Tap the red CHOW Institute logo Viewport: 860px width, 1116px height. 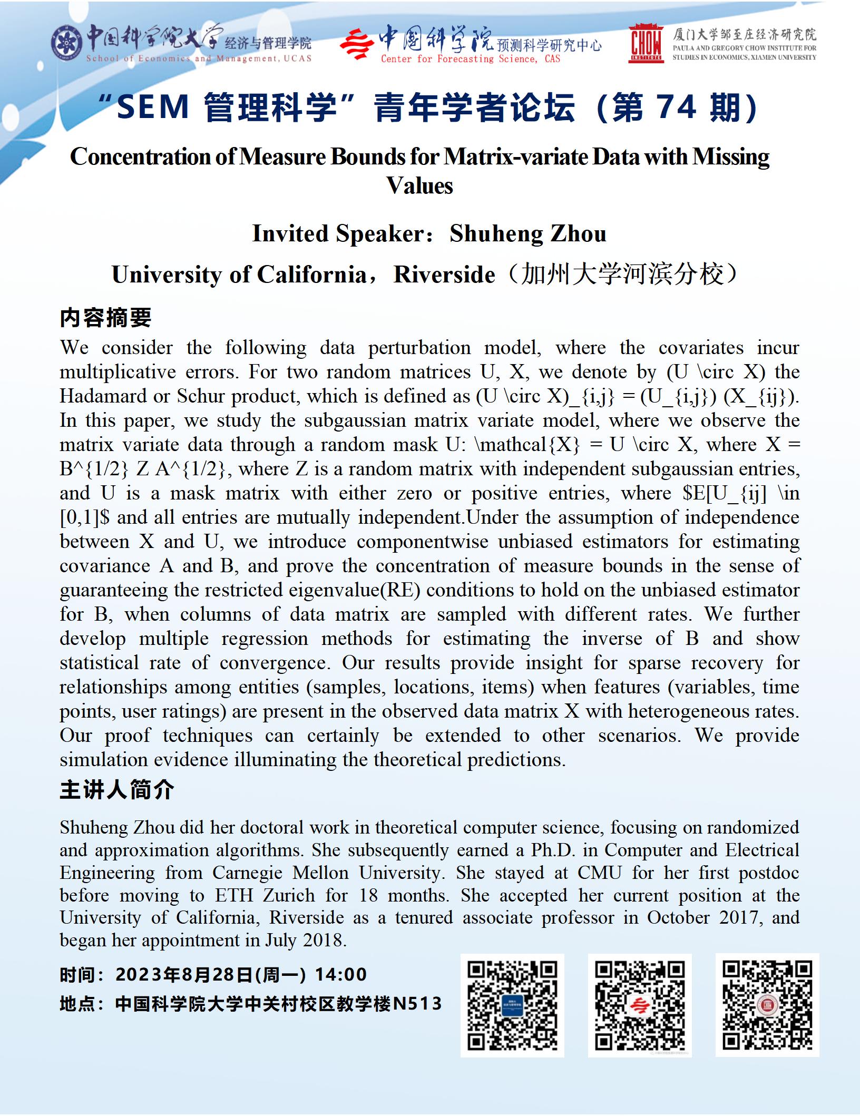coord(646,43)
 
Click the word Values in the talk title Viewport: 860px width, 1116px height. coord(419,185)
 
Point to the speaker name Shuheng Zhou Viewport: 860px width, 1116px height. coord(527,233)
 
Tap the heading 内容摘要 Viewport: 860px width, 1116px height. coord(106,318)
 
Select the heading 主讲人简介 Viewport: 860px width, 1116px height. coord(117,790)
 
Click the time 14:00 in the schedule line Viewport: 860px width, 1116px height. coord(341,974)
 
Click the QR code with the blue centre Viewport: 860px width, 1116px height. coord(512,1005)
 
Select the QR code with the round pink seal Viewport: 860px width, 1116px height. coord(767,1005)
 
